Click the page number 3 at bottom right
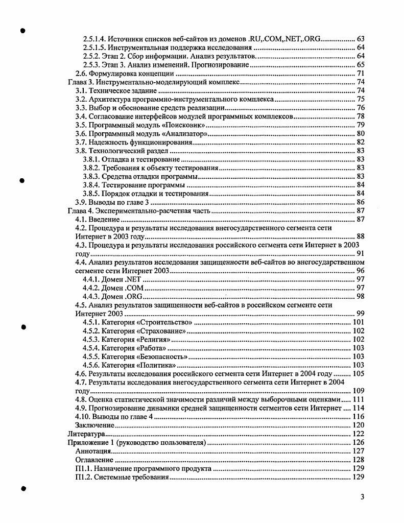(x=362, y=497)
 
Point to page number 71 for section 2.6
(x=360, y=74)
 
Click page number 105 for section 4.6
(x=358, y=374)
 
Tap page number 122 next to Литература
(x=358, y=434)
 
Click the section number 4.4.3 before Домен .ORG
(x=91, y=296)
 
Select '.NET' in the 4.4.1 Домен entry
(x=132, y=279)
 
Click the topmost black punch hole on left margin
(x=22, y=31)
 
